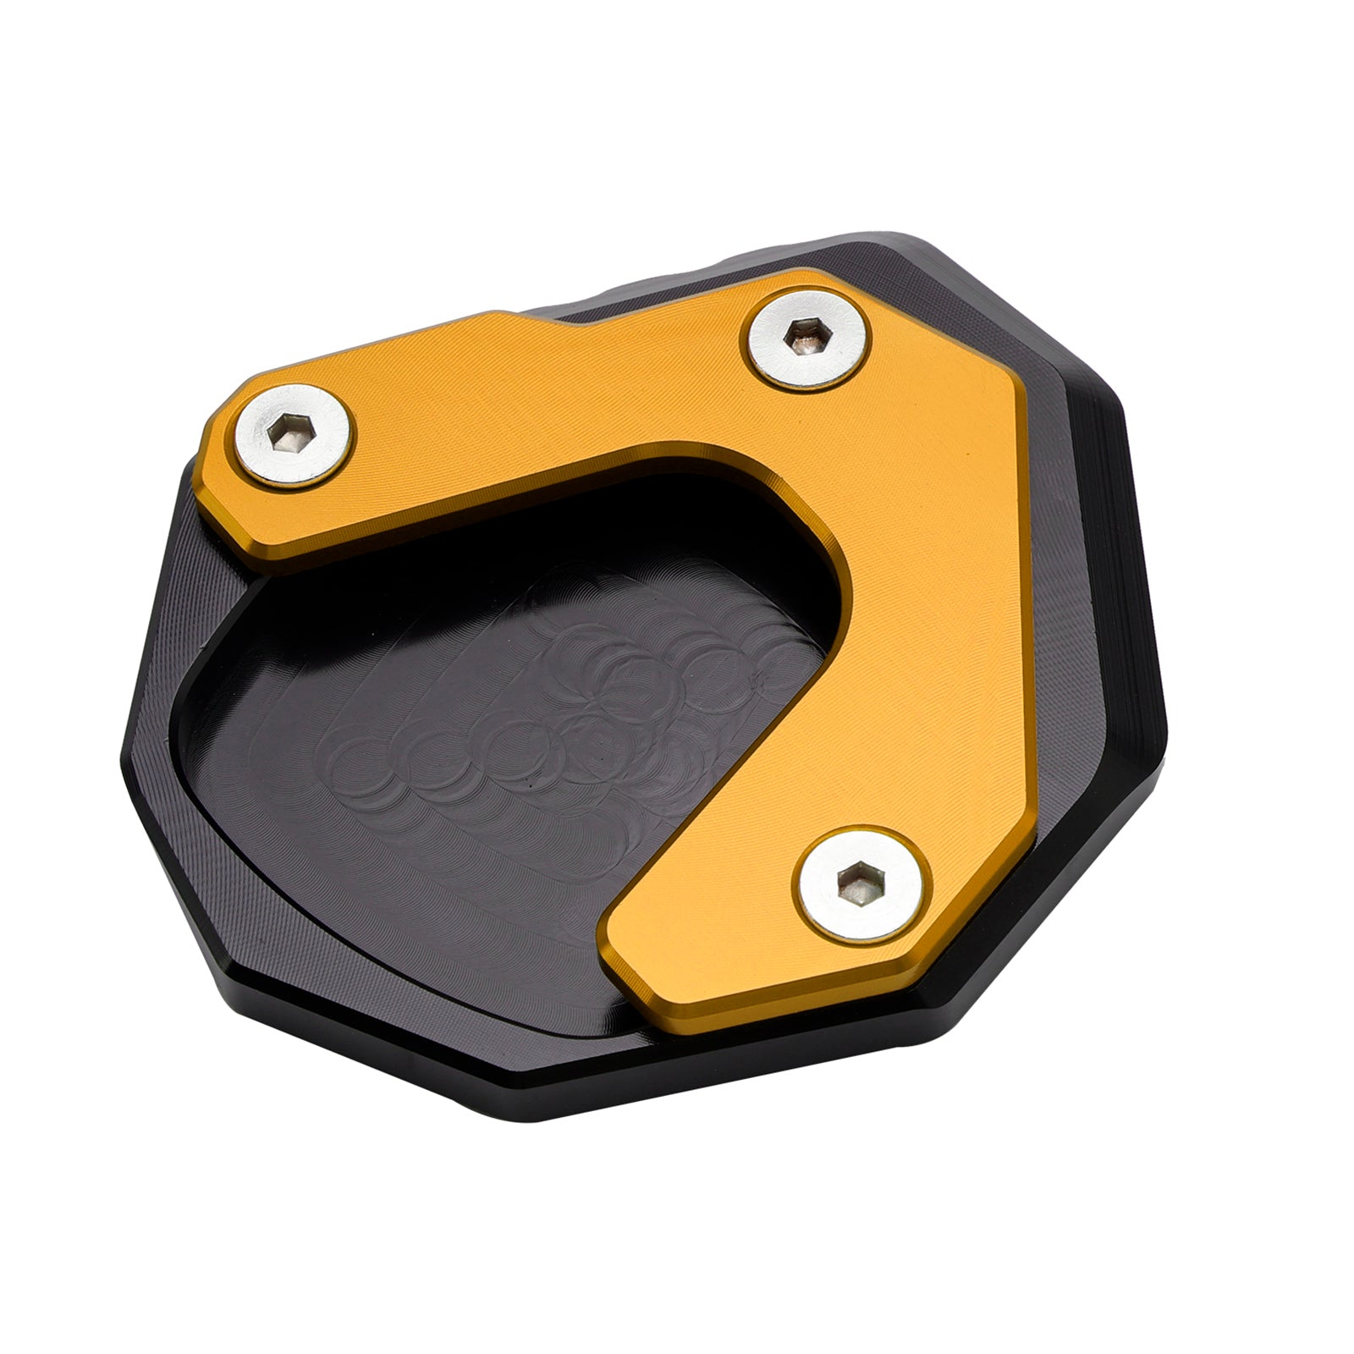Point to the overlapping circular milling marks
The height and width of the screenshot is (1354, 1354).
(x=592, y=719)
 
